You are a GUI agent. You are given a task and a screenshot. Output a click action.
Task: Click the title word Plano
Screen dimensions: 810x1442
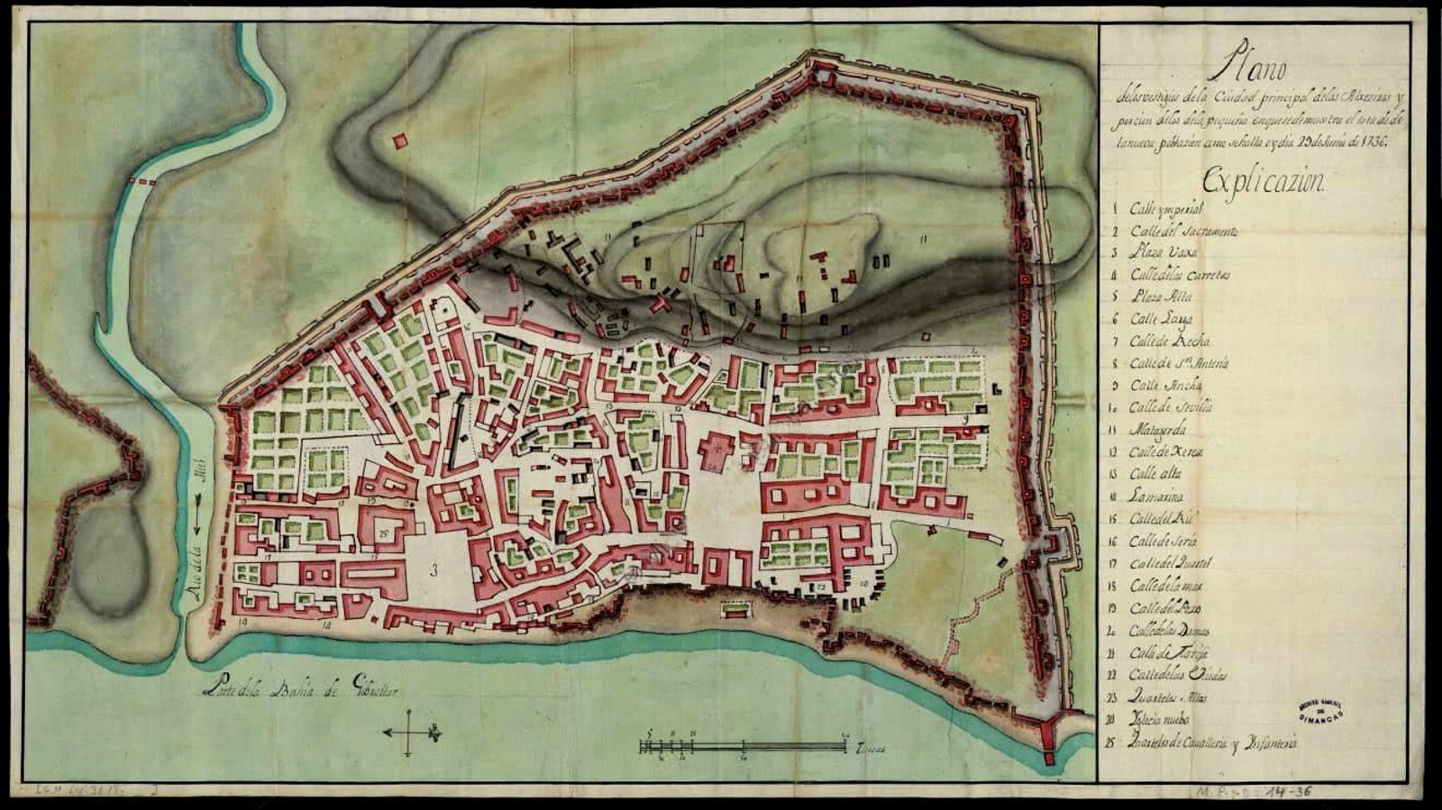coord(1249,66)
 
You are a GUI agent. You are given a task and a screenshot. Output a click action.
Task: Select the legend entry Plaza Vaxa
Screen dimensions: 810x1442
coord(1164,253)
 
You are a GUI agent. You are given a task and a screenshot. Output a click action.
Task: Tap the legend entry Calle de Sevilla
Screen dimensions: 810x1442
coord(1171,407)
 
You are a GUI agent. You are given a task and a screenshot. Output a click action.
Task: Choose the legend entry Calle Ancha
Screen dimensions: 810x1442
coord(1166,386)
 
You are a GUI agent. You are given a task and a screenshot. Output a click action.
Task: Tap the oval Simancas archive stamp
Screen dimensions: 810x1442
coord(1320,709)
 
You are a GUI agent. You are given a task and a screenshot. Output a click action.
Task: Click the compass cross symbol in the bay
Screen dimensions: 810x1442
coord(410,733)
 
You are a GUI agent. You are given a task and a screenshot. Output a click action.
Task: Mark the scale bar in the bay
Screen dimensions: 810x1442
coord(743,746)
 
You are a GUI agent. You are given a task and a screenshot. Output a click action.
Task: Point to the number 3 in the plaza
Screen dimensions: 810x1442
coord(434,569)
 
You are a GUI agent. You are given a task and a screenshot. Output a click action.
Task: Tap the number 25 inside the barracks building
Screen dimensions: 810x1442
coord(384,533)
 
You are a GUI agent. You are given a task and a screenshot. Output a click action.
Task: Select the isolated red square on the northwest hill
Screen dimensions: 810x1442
coord(400,141)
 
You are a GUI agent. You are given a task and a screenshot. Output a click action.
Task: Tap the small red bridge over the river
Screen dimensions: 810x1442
coord(141,182)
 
